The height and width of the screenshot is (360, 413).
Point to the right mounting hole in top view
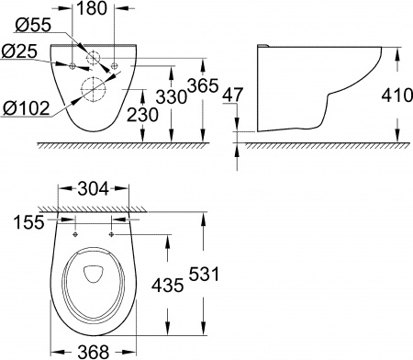(x=114, y=232)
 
